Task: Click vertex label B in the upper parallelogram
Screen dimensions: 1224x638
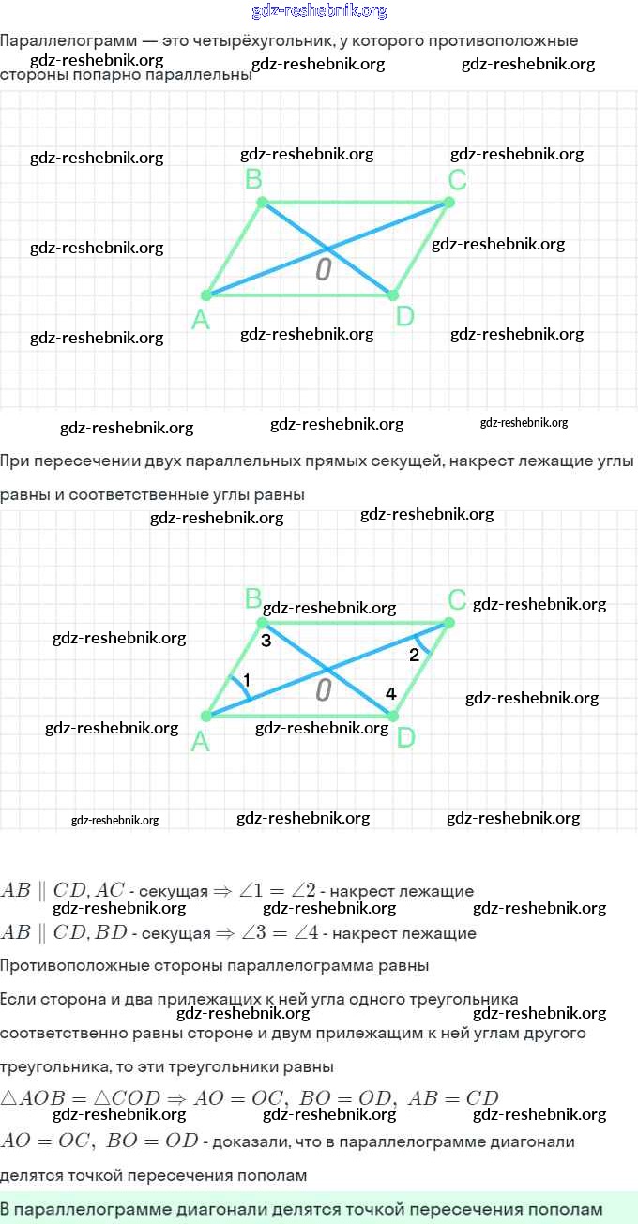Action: (253, 179)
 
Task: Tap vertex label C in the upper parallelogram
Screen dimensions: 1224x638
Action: (457, 179)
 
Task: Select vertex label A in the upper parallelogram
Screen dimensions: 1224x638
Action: (200, 321)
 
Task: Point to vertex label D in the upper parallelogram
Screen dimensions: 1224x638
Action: (404, 317)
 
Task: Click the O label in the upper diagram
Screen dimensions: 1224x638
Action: (324, 270)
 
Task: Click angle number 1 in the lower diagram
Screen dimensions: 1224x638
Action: (246, 679)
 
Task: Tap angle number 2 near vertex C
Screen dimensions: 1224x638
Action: (414, 656)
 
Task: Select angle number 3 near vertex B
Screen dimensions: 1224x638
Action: (266, 642)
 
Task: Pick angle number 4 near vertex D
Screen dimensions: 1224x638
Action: (391, 693)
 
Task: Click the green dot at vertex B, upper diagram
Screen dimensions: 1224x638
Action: (263, 202)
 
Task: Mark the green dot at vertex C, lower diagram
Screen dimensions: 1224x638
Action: (449, 623)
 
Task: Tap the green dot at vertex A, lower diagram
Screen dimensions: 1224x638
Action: (206, 716)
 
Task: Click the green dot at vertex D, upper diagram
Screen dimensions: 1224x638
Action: (392, 295)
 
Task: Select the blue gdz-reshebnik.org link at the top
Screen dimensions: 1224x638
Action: (319, 11)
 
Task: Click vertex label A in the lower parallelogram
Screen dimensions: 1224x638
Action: (200, 743)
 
